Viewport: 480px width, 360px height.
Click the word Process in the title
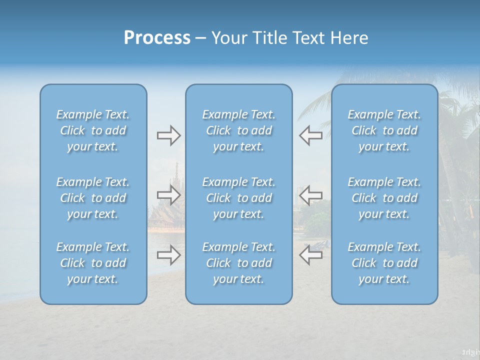click(x=157, y=38)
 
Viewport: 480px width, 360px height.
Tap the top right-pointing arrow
click(x=168, y=135)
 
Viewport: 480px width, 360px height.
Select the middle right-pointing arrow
click(x=168, y=194)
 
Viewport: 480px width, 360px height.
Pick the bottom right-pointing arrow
click(x=168, y=255)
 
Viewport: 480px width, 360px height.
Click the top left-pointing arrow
click(x=310, y=135)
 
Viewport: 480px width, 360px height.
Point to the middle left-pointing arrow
click(x=310, y=194)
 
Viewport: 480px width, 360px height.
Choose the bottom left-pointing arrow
click(x=310, y=255)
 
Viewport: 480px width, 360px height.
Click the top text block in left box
click(x=93, y=130)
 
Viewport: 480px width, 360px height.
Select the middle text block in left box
click(x=93, y=198)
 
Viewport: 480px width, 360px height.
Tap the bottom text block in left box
click(x=93, y=263)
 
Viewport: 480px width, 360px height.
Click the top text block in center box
click(x=239, y=130)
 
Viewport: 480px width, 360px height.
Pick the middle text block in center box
click(x=239, y=198)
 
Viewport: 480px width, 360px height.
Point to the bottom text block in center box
click(x=239, y=263)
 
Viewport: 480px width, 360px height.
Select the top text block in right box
click(x=384, y=130)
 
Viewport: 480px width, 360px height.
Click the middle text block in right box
click(x=384, y=198)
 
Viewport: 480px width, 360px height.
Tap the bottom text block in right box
click(x=384, y=263)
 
